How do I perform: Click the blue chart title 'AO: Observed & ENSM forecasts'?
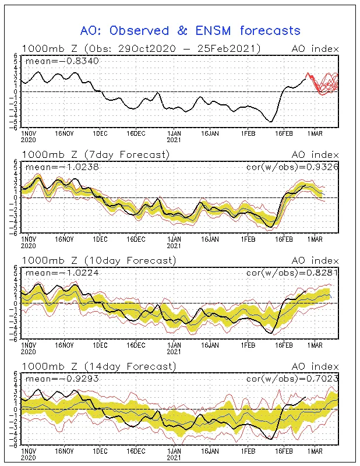[x=190, y=31]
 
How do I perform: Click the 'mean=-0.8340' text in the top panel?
[x=62, y=61]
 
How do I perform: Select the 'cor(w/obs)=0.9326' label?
[x=292, y=167]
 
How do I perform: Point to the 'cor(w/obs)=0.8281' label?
[x=292, y=273]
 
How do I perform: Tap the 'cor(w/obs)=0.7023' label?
[x=292, y=379]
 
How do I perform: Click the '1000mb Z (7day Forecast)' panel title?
[x=96, y=154]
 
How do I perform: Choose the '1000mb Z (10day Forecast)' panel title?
[x=99, y=260]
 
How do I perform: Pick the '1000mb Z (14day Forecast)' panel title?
[x=99, y=366]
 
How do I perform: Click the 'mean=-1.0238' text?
[x=62, y=167]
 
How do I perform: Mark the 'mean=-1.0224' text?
[x=62, y=273]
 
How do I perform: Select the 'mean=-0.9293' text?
[x=62, y=379]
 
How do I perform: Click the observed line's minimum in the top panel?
[x=270, y=122]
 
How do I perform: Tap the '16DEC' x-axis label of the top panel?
[x=136, y=133]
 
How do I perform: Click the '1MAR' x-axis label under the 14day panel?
[x=315, y=451]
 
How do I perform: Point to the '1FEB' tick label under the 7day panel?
[x=248, y=239]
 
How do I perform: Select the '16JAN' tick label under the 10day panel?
[x=210, y=345]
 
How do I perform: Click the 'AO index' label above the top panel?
[x=315, y=49]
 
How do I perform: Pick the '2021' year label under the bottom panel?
[x=174, y=458]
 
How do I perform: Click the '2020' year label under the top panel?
[x=28, y=140]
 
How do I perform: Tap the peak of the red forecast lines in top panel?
[x=308, y=73]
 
